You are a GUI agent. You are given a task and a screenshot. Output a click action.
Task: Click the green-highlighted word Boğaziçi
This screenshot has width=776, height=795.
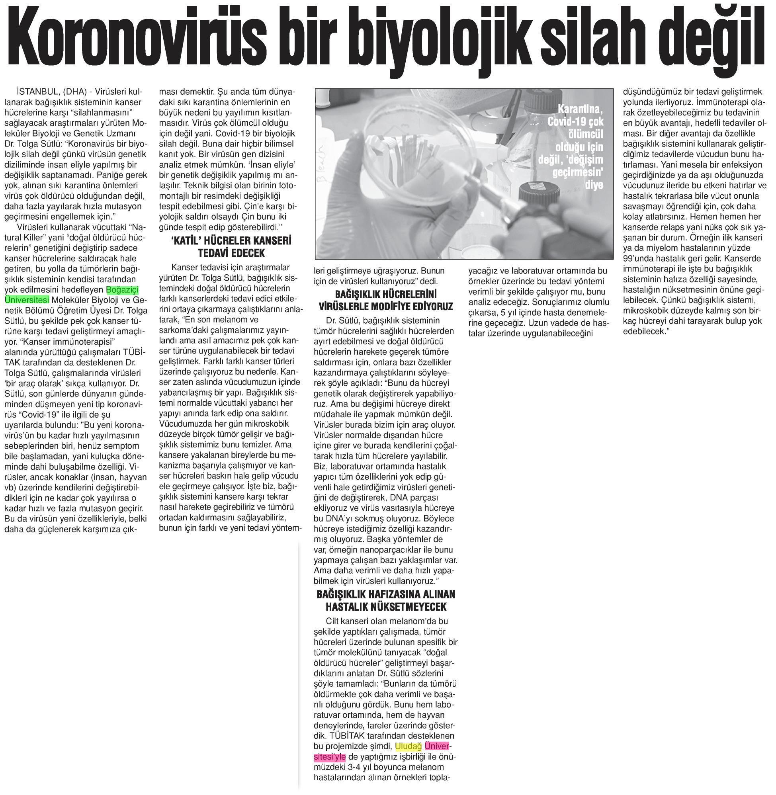click(x=122, y=290)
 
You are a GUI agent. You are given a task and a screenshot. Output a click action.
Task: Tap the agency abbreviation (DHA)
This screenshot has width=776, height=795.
click(x=74, y=91)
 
